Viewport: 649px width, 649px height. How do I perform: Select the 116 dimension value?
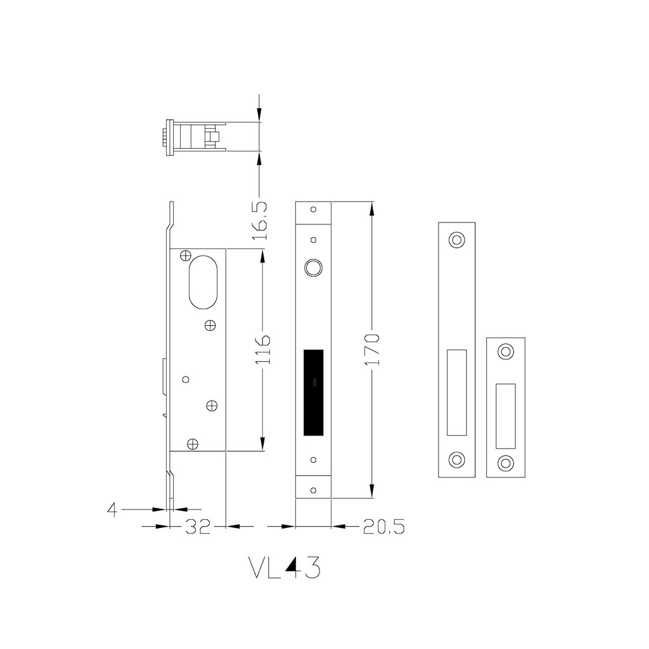pyautogui.click(x=262, y=350)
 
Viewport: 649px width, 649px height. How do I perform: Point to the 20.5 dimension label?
pyautogui.click(x=383, y=527)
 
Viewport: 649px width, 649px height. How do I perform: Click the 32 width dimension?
pyautogui.click(x=198, y=527)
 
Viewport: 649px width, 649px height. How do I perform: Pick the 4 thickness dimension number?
pyautogui.click(x=112, y=509)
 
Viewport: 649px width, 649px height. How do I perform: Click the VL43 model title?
pyautogui.click(x=285, y=567)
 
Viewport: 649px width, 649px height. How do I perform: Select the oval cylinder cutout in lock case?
pyautogui.click(x=203, y=282)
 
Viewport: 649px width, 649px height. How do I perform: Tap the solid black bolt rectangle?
pyautogui.click(x=313, y=392)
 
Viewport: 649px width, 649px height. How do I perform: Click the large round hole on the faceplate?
pyautogui.click(x=313, y=267)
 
